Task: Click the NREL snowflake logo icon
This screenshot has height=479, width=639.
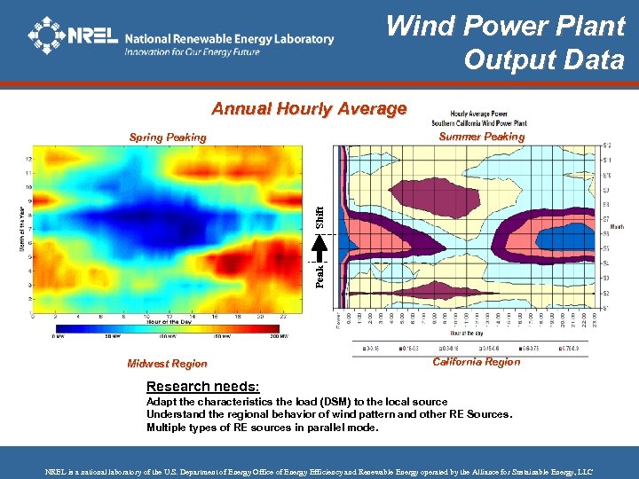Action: coord(47,35)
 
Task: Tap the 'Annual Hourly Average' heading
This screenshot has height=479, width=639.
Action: coord(309,109)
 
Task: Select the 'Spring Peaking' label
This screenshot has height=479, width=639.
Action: coord(167,137)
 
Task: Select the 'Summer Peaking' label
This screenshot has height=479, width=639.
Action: coord(482,137)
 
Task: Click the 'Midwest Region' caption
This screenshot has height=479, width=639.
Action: coord(167,364)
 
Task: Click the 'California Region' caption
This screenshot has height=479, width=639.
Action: coord(477,362)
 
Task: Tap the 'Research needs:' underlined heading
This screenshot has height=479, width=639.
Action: coord(202,387)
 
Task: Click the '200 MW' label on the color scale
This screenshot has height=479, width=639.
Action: coord(279,337)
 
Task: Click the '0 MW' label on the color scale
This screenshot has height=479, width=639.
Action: coord(58,337)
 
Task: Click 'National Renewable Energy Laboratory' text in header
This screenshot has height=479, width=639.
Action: coord(229,39)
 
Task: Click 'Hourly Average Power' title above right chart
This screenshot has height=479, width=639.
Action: coord(479,114)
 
